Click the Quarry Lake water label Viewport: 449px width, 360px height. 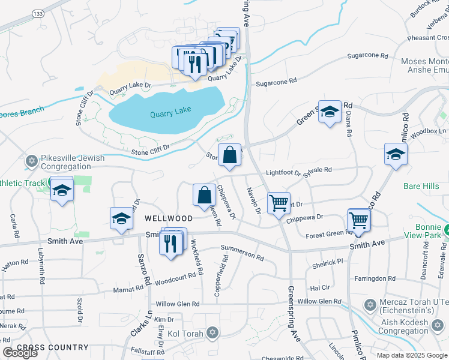click(170, 112)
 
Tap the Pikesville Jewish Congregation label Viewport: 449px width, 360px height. click(73, 163)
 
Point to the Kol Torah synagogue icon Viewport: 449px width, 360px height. click(211, 333)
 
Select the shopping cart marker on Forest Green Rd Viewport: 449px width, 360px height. click(358, 220)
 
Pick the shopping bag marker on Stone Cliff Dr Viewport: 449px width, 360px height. click(229, 155)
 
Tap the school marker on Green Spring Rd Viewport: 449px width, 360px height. click(329, 112)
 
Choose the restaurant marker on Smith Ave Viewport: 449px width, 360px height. click(171, 244)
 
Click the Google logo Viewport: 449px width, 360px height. click(20, 353)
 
